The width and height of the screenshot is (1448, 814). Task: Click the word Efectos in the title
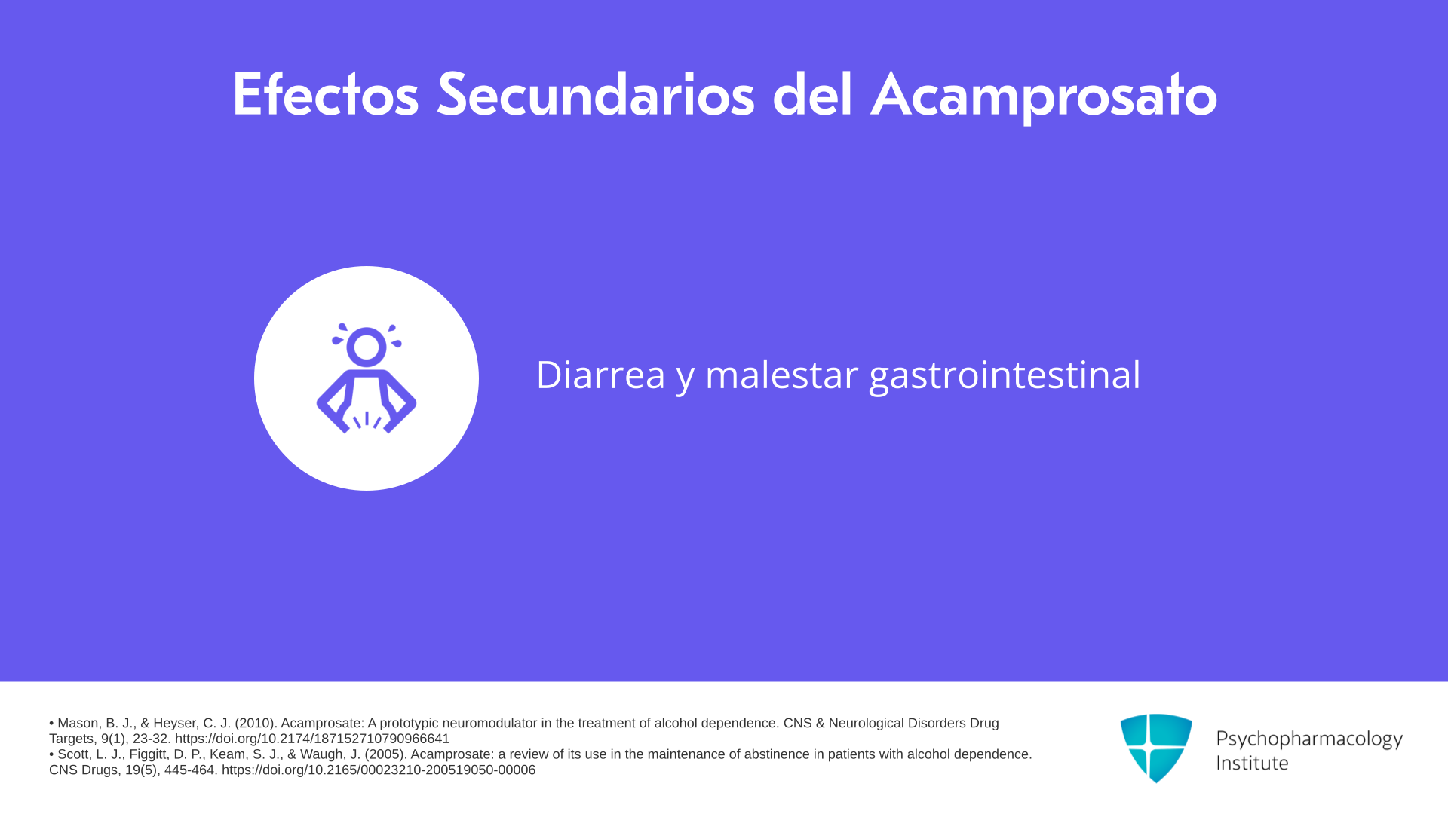[325, 95]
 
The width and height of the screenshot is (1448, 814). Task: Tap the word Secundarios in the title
[596, 95]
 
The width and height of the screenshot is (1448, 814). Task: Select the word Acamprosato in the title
[1044, 96]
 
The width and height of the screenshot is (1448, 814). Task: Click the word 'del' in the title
[812, 94]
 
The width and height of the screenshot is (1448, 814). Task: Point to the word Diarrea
[600, 375]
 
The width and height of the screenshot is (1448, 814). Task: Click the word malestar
[781, 375]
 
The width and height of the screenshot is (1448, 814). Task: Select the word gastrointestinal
[1005, 376]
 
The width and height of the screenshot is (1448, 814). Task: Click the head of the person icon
[367, 347]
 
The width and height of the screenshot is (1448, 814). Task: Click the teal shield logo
[1156, 748]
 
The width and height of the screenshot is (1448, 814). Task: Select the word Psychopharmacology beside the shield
[1309, 739]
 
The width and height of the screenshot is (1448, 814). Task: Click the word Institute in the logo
[1252, 763]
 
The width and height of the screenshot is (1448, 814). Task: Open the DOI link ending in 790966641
[312, 739]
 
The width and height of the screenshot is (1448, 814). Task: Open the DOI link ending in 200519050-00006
[379, 770]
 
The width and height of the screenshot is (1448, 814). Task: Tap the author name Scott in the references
[75, 754]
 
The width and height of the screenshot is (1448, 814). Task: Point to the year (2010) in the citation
[256, 723]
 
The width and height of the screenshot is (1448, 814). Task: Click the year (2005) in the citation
[385, 754]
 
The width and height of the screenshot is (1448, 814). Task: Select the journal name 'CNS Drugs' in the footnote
[83, 770]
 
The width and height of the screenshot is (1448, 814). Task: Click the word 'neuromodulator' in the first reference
[489, 723]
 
